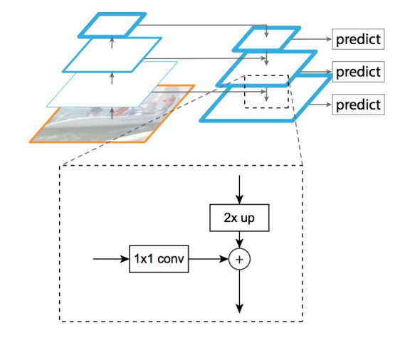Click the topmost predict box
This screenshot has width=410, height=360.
pos(358,39)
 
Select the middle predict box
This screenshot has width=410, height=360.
pos(358,72)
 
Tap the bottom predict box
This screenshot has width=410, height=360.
pos(358,105)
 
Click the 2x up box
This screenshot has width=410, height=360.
pos(240,218)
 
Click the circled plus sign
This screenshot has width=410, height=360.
pos(240,260)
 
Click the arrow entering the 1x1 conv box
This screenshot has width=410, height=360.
pos(111,260)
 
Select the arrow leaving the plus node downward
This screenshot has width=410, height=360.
pos(240,292)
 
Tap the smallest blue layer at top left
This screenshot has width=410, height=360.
pos(112,25)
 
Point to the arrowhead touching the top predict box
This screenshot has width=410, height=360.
pos(328,39)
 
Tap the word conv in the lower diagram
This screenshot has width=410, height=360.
pos(172,260)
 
